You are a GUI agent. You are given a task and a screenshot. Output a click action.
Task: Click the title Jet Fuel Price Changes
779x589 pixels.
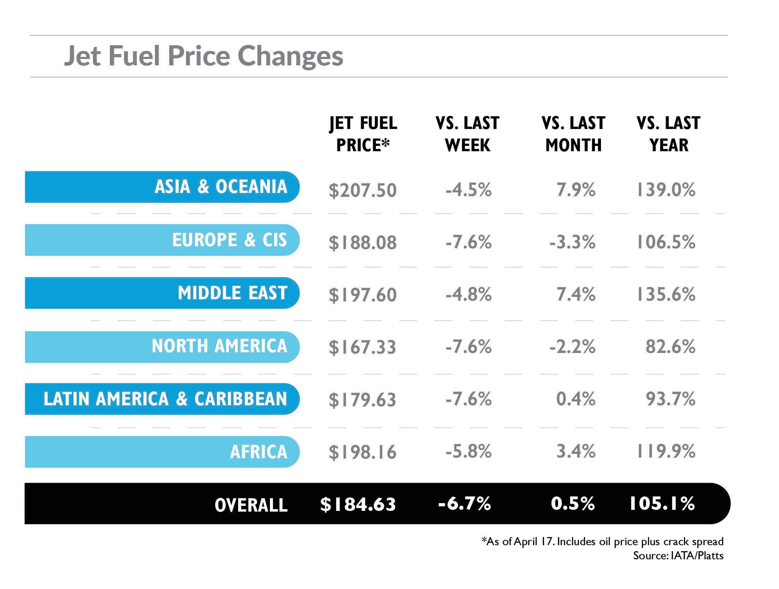[203, 56]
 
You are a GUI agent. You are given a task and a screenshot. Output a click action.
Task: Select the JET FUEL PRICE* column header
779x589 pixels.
[363, 134]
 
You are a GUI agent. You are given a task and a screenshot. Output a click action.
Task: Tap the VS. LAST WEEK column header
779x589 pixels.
[468, 134]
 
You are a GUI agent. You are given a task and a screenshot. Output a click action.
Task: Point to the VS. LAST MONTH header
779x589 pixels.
[573, 134]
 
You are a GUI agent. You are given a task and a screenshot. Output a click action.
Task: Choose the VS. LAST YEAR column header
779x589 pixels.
[669, 134]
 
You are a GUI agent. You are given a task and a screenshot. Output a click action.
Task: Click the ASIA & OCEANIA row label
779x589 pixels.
[221, 187]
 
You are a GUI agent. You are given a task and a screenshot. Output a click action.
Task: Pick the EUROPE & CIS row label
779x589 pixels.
[230, 240]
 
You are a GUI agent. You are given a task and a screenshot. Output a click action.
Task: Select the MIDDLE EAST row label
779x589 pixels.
[232, 293]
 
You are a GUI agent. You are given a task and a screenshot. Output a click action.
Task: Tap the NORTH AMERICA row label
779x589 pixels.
[219, 346]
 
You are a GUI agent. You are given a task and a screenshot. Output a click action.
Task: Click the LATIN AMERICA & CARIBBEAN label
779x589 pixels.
[165, 399]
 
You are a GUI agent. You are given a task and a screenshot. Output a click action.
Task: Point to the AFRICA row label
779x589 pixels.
[259, 452]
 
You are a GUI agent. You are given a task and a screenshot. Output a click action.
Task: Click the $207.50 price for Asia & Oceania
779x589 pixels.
[363, 190]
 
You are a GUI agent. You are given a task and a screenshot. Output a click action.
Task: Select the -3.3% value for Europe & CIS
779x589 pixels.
[573, 242]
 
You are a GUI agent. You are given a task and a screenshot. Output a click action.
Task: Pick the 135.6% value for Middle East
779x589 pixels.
[666, 294]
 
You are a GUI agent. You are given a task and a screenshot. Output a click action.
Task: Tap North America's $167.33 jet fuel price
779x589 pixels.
[362, 347]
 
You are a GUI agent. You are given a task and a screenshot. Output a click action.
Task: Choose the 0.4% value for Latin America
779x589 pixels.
[576, 399]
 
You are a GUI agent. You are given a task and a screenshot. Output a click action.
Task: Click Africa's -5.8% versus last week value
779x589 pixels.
[469, 451]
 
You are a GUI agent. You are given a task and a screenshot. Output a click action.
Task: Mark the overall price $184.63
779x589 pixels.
[358, 504]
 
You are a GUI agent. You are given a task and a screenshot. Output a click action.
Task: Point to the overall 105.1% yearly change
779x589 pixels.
[662, 503]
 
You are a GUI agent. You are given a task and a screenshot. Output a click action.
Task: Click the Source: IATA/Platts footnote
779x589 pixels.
[678, 556]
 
